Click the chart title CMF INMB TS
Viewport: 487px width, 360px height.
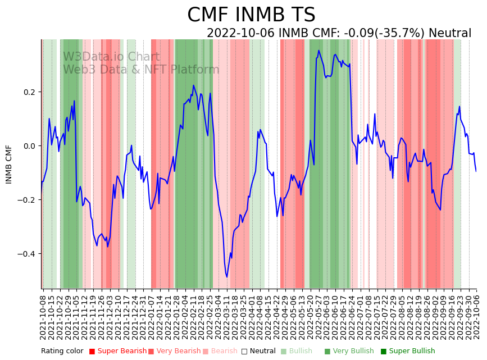(x=251, y=15)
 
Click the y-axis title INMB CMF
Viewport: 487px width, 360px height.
(x=9, y=164)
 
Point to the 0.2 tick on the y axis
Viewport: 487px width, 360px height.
(x=28, y=92)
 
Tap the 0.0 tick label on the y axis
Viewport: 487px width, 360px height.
(x=28, y=146)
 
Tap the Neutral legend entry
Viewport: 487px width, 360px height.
(x=258, y=351)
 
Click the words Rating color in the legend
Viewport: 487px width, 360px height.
(x=62, y=351)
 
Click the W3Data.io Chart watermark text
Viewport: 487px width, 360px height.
(x=111, y=57)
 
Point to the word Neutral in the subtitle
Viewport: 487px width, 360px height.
(x=450, y=33)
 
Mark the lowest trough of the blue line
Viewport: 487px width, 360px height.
(x=227, y=277)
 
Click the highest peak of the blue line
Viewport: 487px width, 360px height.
(x=318, y=51)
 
